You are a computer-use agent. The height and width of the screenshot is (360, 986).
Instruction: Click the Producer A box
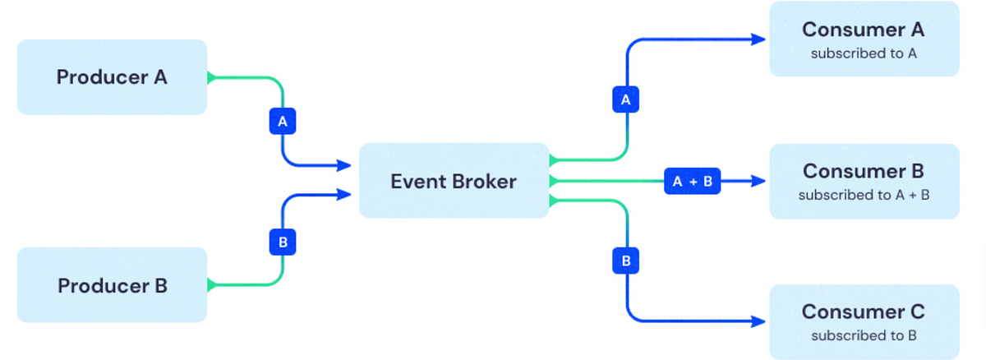(x=112, y=77)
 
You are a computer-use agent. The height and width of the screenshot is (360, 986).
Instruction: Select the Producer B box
(x=112, y=285)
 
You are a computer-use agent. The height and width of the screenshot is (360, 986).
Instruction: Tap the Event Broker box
(x=454, y=181)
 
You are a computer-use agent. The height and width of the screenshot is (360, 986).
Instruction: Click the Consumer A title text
(x=863, y=30)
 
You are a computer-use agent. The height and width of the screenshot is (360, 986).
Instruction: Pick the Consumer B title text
(x=863, y=171)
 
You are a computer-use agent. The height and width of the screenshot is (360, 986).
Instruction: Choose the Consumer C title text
(x=863, y=312)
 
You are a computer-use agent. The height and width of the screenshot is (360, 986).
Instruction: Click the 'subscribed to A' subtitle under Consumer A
(x=863, y=53)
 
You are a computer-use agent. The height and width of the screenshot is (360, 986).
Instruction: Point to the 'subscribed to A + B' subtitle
(x=863, y=196)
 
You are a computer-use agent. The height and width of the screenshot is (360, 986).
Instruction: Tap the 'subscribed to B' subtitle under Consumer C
(x=863, y=335)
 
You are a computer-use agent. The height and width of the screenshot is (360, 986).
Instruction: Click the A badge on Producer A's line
(x=283, y=122)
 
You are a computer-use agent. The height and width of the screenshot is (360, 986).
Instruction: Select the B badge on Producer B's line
(x=283, y=242)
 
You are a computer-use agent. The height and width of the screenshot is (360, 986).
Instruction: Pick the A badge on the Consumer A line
(x=625, y=100)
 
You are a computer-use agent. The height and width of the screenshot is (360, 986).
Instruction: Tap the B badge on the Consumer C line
(x=625, y=261)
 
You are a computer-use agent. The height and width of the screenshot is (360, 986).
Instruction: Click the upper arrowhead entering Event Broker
(x=347, y=166)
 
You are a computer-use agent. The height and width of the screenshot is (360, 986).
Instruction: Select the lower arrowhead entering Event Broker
(x=347, y=195)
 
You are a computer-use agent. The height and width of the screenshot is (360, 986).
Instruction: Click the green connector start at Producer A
(x=211, y=78)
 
